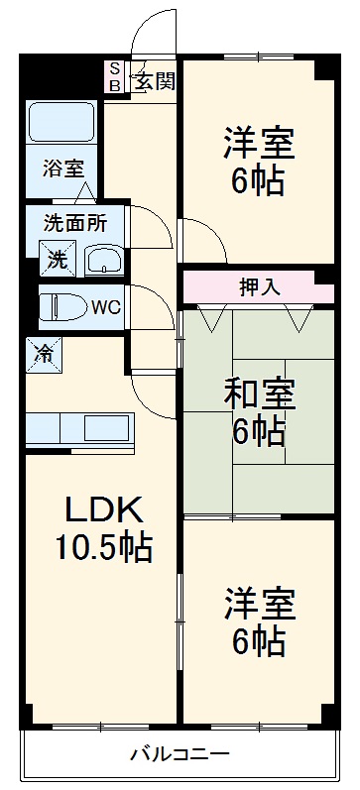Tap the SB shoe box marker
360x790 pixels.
point(115,78)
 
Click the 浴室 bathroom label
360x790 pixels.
point(62,169)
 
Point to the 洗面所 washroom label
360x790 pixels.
point(74,223)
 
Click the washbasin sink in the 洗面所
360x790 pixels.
point(103,261)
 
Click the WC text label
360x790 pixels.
point(106,307)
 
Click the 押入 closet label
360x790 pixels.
point(260,287)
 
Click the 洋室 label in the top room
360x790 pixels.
point(258,144)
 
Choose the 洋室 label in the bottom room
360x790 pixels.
point(258,604)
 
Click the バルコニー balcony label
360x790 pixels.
point(180,755)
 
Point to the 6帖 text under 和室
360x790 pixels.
point(258,433)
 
